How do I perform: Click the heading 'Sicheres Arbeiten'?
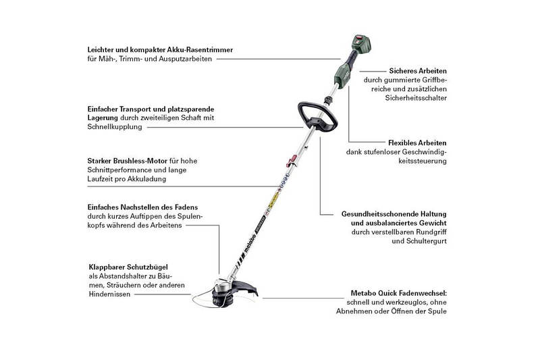coord(418,70)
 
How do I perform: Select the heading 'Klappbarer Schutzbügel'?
coord(128,266)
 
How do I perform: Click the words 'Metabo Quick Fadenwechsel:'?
coord(399,293)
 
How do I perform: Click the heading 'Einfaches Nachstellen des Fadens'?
coord(142,207)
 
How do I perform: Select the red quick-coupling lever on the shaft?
coord(292,161)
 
